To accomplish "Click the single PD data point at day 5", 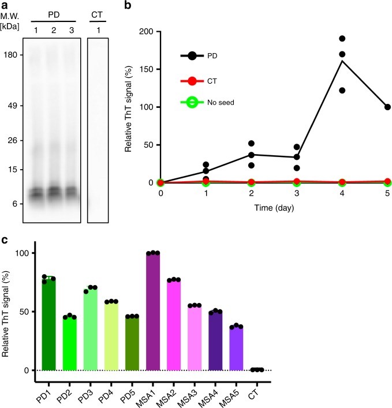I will [387, 107].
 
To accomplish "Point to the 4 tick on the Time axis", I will [358, 194].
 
